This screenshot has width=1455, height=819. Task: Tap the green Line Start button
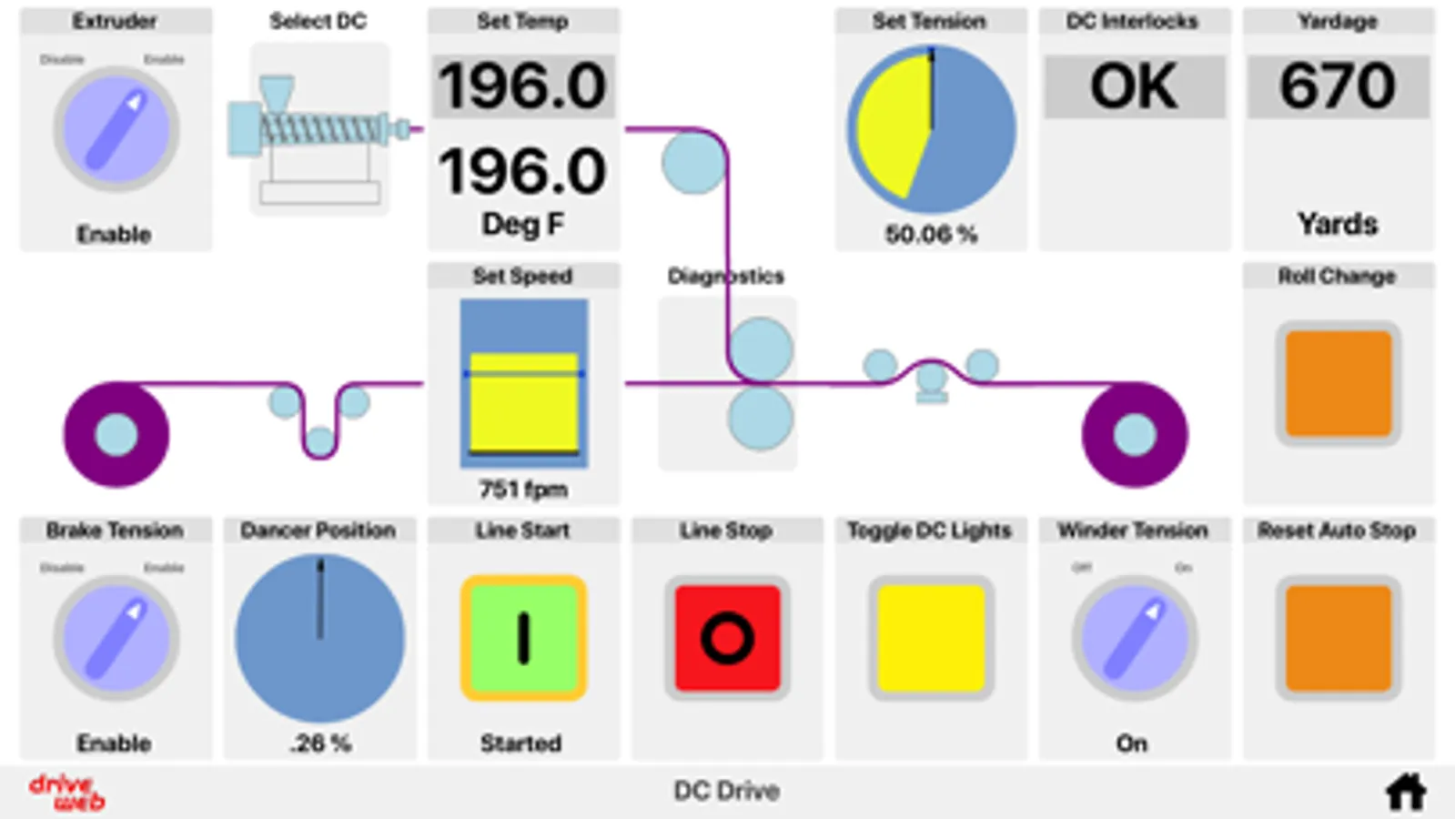pyautogui.click(x=523, y=638)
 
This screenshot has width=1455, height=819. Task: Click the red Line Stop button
pyautogui.click(x=727, y=638)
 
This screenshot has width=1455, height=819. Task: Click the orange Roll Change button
pyautogui.click(x=1338, y=383)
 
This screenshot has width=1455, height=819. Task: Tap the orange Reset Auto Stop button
pyautogui.click(x=1338, y=638)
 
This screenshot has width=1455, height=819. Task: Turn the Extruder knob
pyautogui.click(x=116, y=130)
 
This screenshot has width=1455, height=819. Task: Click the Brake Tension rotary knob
pyautogui.click(x=116, y=638)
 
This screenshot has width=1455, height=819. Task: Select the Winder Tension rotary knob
pyautogui.click(x=1134, y=638)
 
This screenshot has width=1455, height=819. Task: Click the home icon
pyautogui.click(x=1405, y=792)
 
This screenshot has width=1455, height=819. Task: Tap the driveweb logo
pyautogui.click(x=66, y=792)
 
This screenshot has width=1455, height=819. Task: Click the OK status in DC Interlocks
pyautogui.click(x=1134, y=86)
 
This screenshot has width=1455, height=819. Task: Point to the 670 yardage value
pyautogui.click(x=1338, y=86)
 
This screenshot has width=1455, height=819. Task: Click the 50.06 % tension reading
pyautogui.click(x=931, y=235)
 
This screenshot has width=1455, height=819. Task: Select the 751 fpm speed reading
pyautogui.click(x=523, y=490)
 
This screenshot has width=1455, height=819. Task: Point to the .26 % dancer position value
pyautogui.click(x=320, y=743)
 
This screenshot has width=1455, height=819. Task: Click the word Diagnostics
pyautogui.click(x=725, y=276)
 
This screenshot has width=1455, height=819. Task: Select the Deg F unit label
pyautogui.click(x=523, y=224)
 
